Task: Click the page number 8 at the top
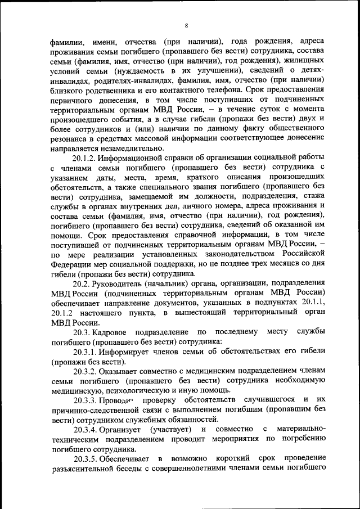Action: [x=187, y=25]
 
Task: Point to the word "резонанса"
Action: [x=68, y=138]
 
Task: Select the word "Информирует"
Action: [x=130, y=352]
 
